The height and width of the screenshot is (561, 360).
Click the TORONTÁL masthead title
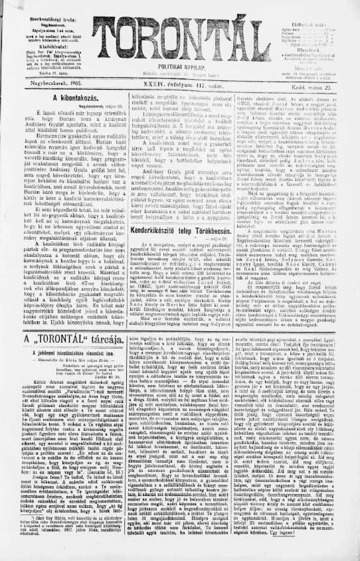coord(179,39)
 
